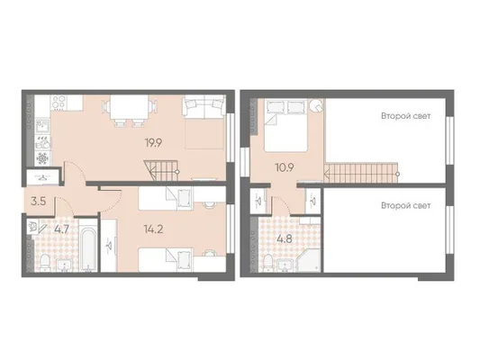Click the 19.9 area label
(154, 143)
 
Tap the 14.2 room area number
(154, 229)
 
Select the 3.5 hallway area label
(39, 202)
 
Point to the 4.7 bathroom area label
(61, 229)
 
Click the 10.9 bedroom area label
(285, 167)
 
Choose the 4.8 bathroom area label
(285, 238)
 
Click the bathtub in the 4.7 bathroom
(88, 246)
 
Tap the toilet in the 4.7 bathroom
(45, 263)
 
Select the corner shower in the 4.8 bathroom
(308, 260)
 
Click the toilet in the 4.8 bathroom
(268, 263)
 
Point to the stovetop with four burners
(59, 103)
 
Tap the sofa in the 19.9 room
(204, 107)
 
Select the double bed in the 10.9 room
(285, 125)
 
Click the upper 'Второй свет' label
(405, 116)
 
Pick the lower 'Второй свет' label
(405, 206)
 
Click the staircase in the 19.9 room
(161, 171)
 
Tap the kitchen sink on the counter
(43, 126)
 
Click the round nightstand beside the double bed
(315, 105)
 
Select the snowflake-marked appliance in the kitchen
(42, 158)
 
